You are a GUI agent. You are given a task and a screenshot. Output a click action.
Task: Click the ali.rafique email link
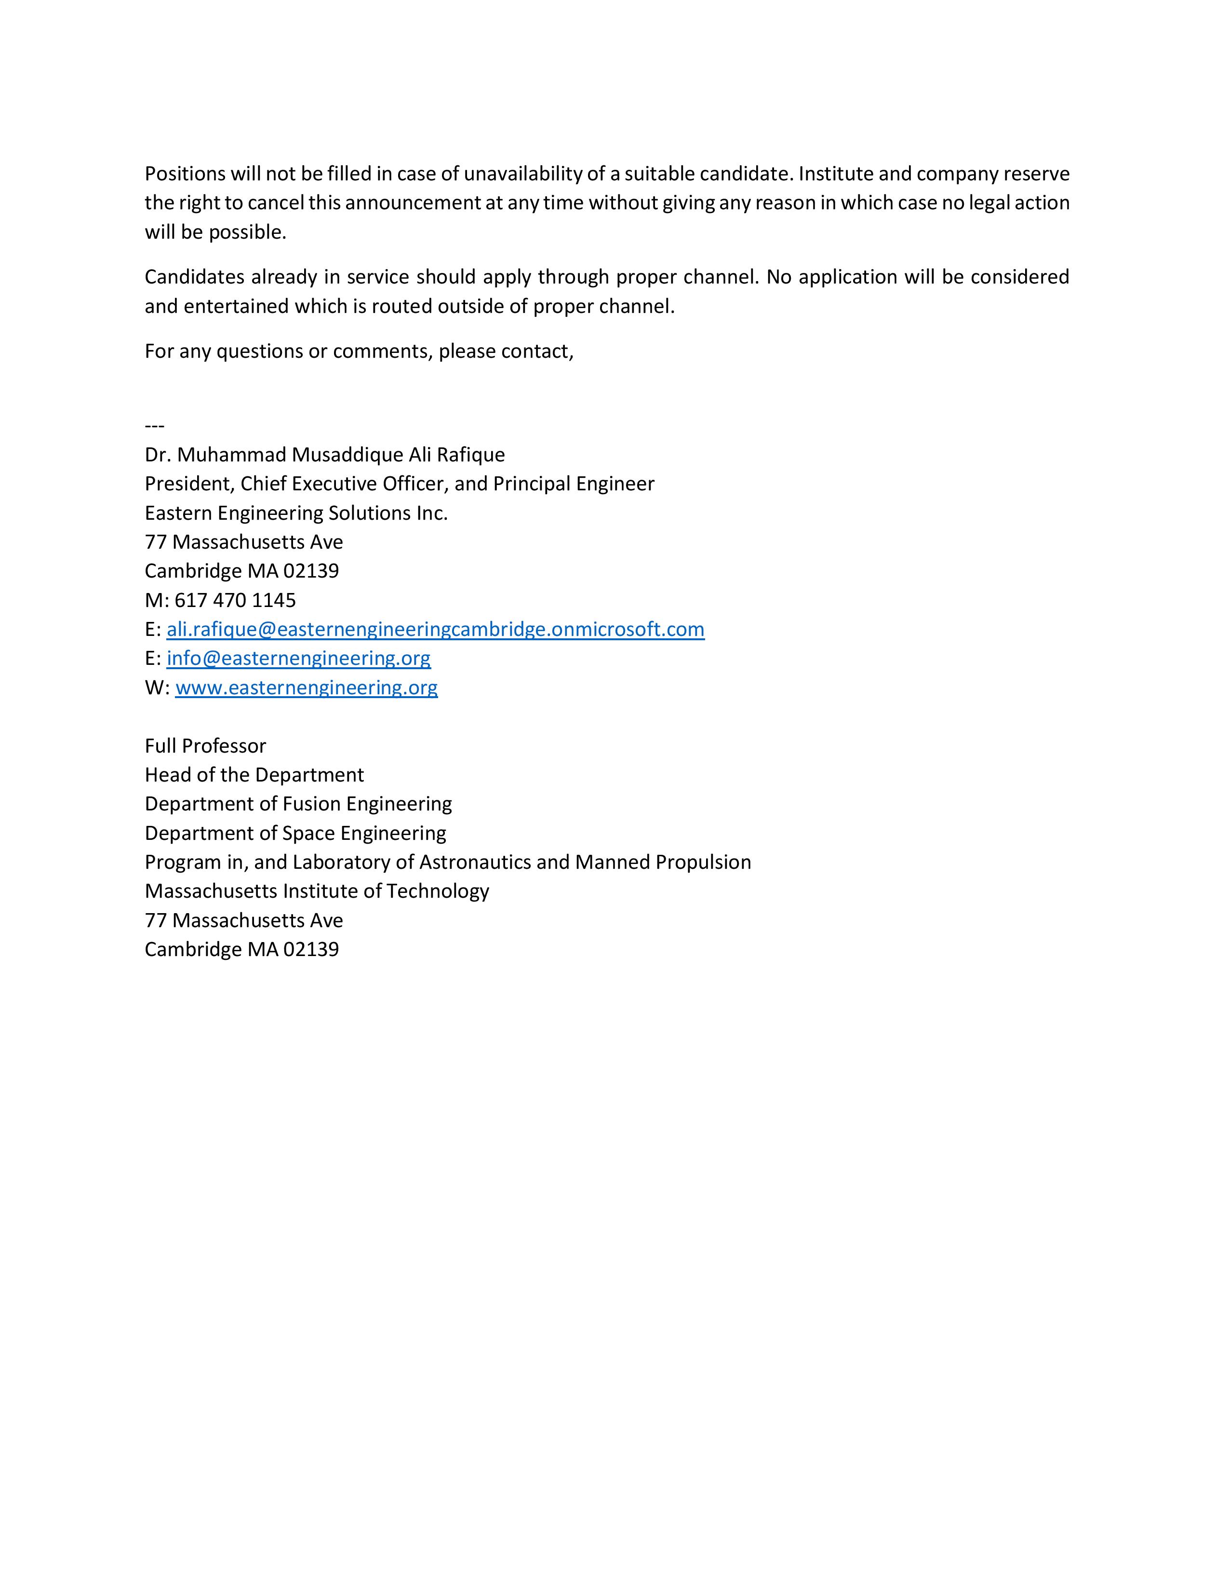(x=435, y=629)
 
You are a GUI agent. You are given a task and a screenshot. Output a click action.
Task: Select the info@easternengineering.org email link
(x=298, y=659)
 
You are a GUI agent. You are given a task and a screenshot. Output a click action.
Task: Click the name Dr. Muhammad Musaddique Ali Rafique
(x=325, y=455)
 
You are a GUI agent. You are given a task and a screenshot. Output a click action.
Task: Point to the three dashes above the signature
(x=154, y=425)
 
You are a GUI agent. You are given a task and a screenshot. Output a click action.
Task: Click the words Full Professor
(x=205, y=746)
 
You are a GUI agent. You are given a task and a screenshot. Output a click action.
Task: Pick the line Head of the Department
(x=254, y=775)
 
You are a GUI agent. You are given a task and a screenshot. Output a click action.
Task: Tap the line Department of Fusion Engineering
(x=298, y=804)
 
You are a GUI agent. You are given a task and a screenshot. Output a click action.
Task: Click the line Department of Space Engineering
(x=295, y=833)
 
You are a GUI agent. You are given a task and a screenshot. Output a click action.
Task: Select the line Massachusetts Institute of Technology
(x=317, y=891)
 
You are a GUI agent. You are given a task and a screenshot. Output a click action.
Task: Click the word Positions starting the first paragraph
(x=185, y=174)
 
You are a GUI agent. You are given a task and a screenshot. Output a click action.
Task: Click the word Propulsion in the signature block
(x=703, y=862)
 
